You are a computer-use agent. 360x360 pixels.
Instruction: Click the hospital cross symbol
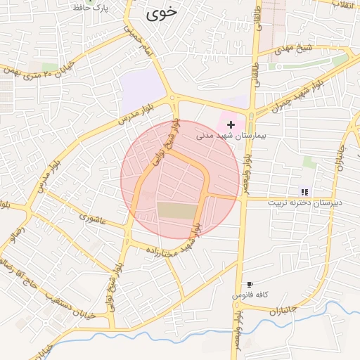pyautogui.click(x=231, y=124)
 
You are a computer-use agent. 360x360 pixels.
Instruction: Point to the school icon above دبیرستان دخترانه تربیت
pyautogui.click(x=304, y=191)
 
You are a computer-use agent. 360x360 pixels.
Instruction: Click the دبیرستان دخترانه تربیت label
pyautogui.click(x=304, y=201)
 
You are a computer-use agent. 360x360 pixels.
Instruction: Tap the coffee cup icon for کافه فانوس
pyautogui.click(x=250, y=285)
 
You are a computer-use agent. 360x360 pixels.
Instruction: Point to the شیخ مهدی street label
pyautogui.click(x=293, y=49)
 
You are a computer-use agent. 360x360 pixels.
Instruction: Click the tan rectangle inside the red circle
pyautogui.click(x=174, y=210)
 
